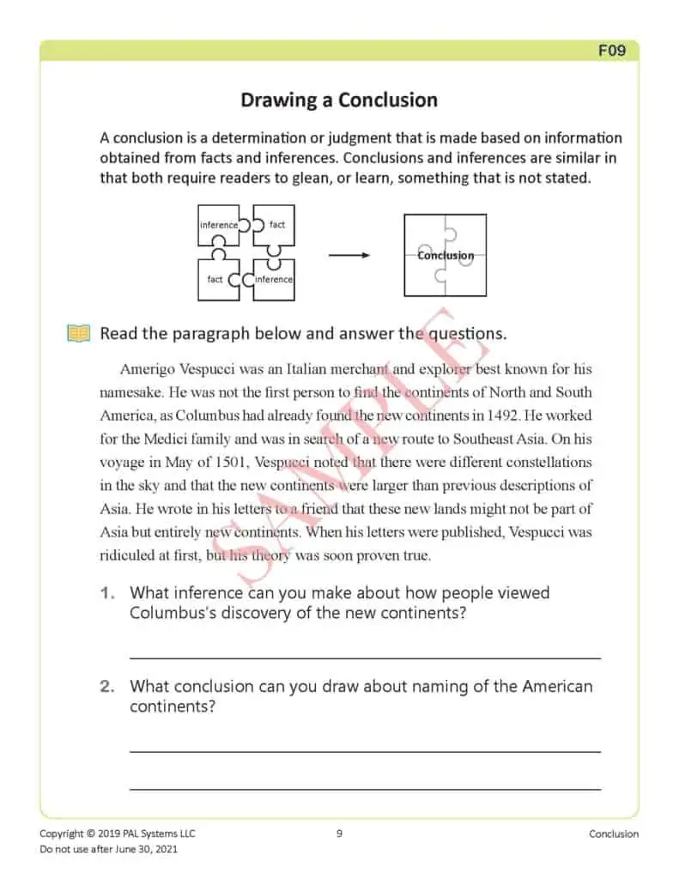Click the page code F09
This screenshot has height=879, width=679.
pyautogui.click(x=611, y=51)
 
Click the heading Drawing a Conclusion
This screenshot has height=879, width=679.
pyautogui.click(x=338, y=100)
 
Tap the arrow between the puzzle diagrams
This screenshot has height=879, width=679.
pyautogui.click(x=349, y=255)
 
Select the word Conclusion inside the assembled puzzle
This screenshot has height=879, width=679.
pyautogui.click(x=446, y=255)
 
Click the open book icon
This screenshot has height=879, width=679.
pyautogui.click(x=78, y=333)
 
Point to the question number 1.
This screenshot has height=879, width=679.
pyautogui.click(x=107, y=593)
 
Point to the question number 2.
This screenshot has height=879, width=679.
pyautogui.click(x=107, y=687)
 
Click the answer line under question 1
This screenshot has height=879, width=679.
pyautogui.click(x=365, y=658)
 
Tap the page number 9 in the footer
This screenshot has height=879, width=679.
pyautogui.click(x=339, y=834)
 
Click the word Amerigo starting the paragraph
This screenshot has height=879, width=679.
pyautogui.click(x=149, y=370)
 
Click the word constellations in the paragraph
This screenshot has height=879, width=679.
pyautogui.click(x=540, y=462)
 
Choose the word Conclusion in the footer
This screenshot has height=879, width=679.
pyautogui.click(x=614, y=834)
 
